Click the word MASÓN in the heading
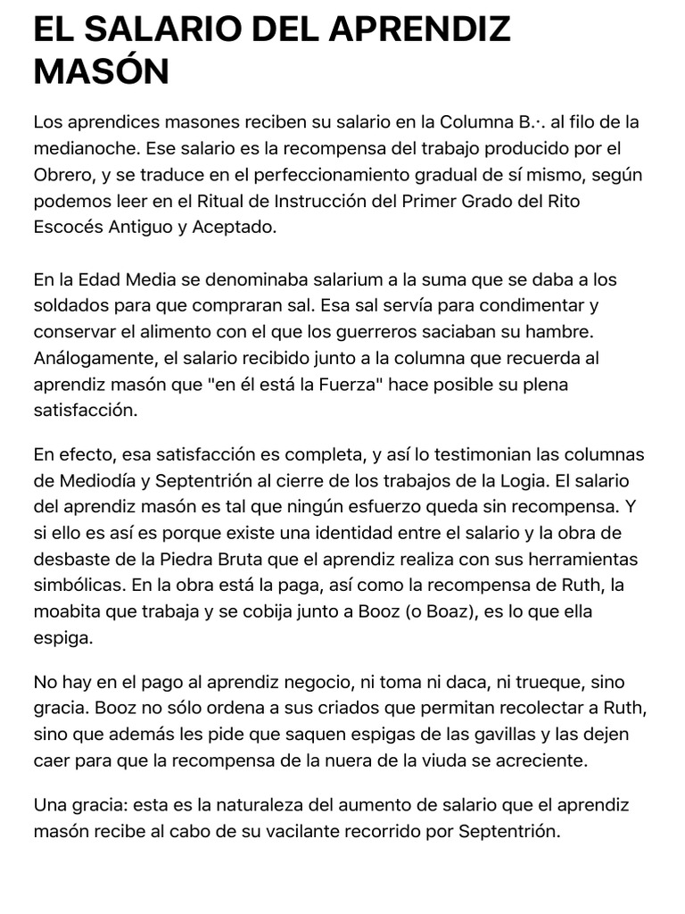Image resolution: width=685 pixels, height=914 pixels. click(x=101, y=71)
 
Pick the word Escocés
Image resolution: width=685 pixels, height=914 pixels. click(x=69, y=227)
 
